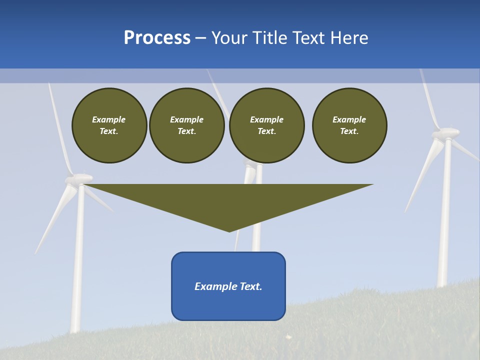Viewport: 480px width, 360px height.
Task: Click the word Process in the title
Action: tap(157, 38)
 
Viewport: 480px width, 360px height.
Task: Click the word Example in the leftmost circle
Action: tap(109, 119)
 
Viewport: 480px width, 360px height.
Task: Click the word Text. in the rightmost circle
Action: tap(349, 131)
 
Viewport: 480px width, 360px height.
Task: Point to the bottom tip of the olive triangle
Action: tap(229, 230)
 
